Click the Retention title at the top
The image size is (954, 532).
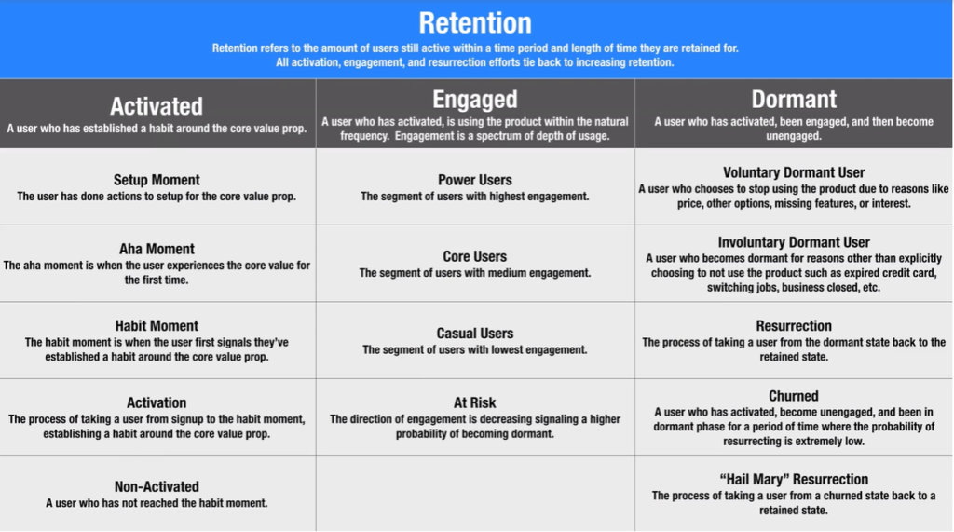coord(476,22)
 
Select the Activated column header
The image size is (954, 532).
coord(157,106)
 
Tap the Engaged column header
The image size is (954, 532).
coord(475,100)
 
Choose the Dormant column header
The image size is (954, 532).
coord(794,100)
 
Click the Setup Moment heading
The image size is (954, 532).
coord(157,180)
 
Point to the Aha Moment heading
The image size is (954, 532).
coord(157,249)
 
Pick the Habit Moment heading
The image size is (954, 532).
coord(157,326)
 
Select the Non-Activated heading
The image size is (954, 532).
coord(157,486)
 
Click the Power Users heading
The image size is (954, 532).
coord(475,180)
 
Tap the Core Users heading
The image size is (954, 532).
coord(475,256)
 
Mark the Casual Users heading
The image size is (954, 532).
coord(475,333)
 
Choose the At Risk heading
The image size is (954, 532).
coord(475,402)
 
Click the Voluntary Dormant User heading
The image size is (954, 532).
coord(794,172)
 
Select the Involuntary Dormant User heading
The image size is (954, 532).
coord(794,242)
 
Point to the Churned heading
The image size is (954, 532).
coord(794,396)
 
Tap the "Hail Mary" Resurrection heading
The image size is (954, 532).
coord(794,479)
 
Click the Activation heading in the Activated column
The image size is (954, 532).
coord(157,402)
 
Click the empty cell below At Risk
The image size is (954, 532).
coord(475,493)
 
